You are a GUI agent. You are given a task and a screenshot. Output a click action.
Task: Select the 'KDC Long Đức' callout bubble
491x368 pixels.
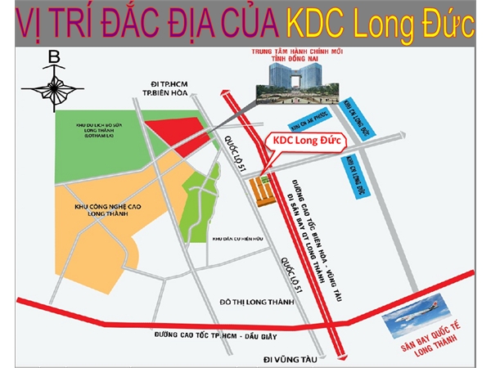pyautogui.click(x=304, y=141)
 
